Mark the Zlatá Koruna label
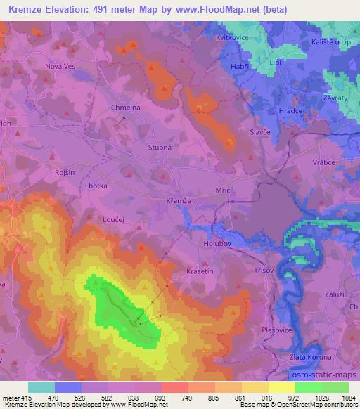point(310,357)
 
